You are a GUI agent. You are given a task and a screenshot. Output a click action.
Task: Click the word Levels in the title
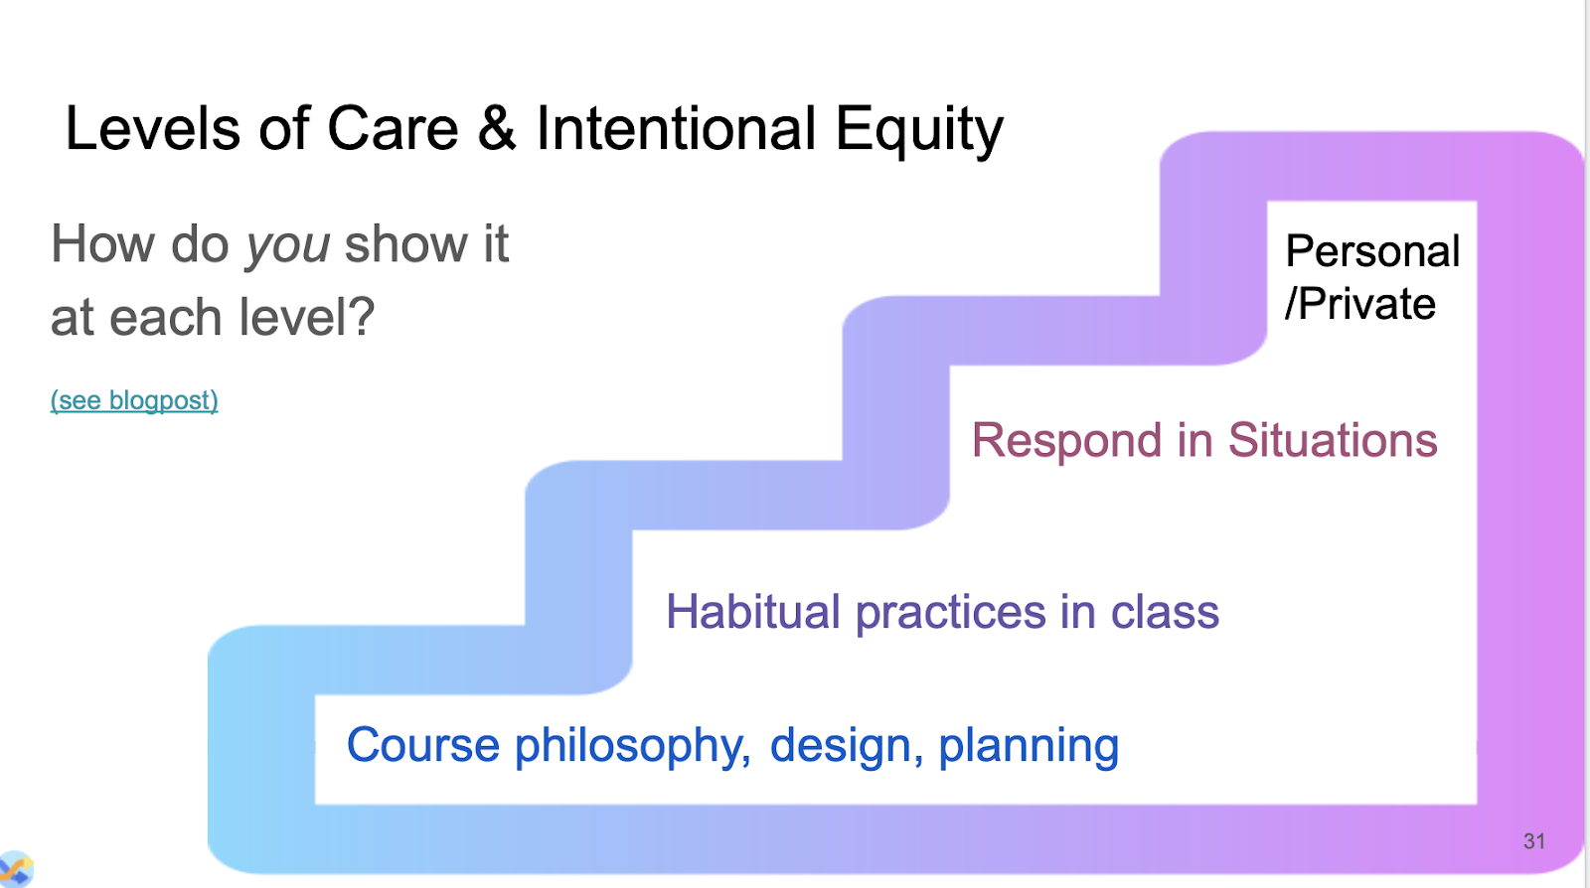pyautogui.click(x=153, y=128)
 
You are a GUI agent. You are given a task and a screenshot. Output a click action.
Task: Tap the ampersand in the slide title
pyautogui.click(x=497, y=128)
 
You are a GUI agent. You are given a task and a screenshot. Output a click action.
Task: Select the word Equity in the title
pyautogui.click(x=919, y=132)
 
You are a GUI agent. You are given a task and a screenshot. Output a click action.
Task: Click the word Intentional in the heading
pyautogui.click(x=676, y=128)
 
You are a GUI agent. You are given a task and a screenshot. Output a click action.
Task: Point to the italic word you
pyautogui.click(x=287, y=247)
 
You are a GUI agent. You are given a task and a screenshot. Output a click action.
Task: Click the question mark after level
pyautogui.click(x=362, y=316)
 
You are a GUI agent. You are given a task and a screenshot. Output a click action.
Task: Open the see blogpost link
pyautogui.click(x=134, y=400)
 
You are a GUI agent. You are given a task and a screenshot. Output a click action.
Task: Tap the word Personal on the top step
pyautogui.click(x=1372, y=251)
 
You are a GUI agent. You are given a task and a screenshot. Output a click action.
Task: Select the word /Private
pyautogui.click(x=1360, y=305)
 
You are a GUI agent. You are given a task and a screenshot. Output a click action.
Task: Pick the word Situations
pyautogui.click(x=1333, y=440)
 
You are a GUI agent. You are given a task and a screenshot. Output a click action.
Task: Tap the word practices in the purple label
pyautogui.click(x=950, y=614)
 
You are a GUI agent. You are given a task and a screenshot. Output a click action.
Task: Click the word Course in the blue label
pyautogui.click(x=423, y=745)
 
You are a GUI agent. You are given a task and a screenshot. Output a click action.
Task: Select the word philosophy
pyautogui.click(x=632, y=748)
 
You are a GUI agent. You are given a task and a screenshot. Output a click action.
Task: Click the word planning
pyautogui.click(x=1029, y=748)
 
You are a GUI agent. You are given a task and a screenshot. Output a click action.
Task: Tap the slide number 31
pyautogui.click(x=1534, y=841)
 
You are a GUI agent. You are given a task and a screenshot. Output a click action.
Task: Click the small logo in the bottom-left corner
pyautogui.click(x=16, y=869)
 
